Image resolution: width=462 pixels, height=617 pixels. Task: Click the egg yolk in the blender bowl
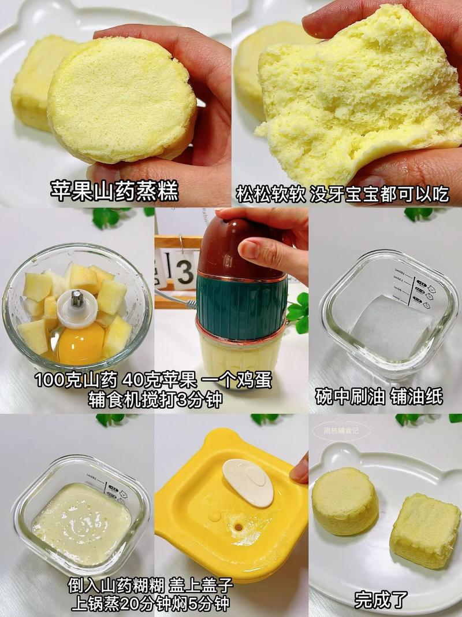[x=81, y=343]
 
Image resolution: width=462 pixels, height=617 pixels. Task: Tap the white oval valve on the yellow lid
[x=248, y=482]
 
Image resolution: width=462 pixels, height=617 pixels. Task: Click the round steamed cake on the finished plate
[x=345, y=501]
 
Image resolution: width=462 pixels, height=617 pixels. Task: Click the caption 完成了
[x=381, y=598]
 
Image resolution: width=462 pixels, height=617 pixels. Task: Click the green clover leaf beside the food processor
[x=299, y=312]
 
